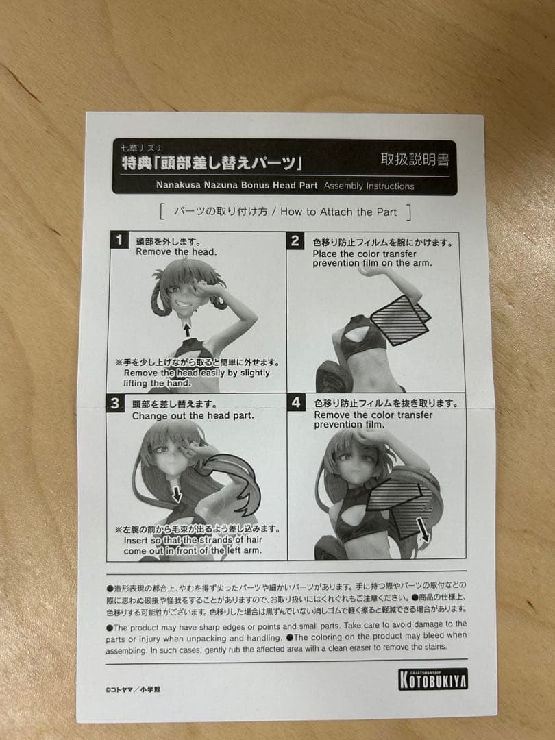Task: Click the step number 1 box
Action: [x=119, y=240]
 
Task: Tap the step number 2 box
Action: [x=295, y=241]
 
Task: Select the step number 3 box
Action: [x=115, y=404]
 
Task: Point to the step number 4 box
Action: [x=295, y=403]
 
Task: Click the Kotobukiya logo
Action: [x=433, y=678]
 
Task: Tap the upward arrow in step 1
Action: [x=186, y=329]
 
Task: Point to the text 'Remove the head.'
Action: [x=176, y=251]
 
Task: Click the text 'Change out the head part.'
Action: [x=193, y=415]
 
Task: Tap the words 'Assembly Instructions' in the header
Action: [x=369, y=186]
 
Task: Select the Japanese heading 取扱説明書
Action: [x=415, y=160]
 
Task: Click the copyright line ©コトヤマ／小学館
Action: [x=134, y=689]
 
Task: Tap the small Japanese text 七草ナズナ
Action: [x=142, y=147]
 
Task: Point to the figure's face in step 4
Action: [x=353, y=466]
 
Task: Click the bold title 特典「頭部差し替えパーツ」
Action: [x=212, y=163]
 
